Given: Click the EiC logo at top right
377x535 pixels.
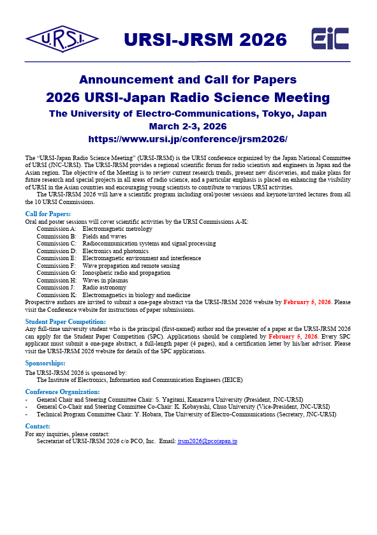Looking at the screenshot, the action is point(330,39).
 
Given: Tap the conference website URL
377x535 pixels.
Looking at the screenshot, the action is point(188,139).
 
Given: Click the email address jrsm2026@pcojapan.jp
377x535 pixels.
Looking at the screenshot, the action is point(207,441).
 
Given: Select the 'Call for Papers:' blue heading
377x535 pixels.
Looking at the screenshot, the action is point(48,214).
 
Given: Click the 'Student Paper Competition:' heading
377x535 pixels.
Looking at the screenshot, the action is point(65,321).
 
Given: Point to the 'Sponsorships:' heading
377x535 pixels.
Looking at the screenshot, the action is point(45,363).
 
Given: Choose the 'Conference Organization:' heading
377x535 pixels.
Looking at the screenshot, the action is point(62,392).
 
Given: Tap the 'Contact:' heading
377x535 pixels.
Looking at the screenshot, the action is point(38,426).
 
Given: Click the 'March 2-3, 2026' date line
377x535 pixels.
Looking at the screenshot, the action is point(188,126).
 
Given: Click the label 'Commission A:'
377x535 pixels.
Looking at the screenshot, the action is point(56,228).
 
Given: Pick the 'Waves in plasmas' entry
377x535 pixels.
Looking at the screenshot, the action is point(105,281).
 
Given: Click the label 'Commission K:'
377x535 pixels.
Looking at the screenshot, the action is point(56,295).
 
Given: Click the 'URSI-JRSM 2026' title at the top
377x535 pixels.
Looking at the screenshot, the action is point(205,40).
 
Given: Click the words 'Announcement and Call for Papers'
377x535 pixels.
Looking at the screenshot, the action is point(188,80).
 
